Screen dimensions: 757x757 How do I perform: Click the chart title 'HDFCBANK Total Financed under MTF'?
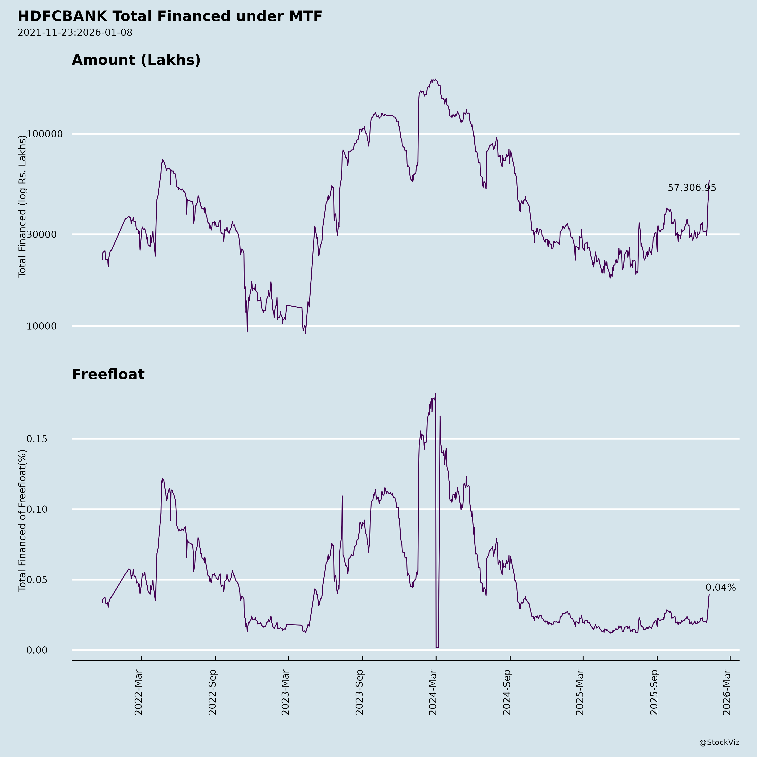[x=170, y=16]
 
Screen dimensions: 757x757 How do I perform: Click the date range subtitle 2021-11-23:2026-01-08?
[x=75, y=33]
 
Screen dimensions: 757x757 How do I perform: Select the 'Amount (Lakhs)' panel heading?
[x=136, y=60]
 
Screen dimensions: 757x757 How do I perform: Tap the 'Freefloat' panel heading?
[x=108, y=374]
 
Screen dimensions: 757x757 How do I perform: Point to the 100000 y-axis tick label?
[x=45, y=134]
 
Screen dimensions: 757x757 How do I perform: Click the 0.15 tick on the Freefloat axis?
[x=37, y=439]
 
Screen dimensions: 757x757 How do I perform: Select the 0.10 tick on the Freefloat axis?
[x=37, y=509]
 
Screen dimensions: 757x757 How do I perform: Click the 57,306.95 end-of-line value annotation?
[x=692, y=188]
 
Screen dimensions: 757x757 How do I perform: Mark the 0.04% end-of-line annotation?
[x=721, y=588]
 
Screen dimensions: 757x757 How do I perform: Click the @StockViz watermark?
[x=719, y=742]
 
